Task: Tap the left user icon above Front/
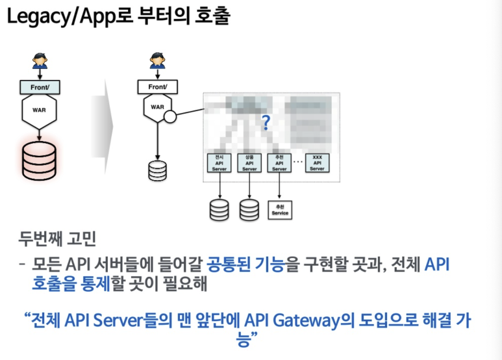click(40, 61)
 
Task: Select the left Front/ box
click(40, 86)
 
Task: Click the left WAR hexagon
click(40, 110)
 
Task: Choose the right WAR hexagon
click(157, 107)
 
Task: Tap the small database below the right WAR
click(157, 170)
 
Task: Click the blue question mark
click(265, 121)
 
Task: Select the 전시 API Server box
click(219, 163)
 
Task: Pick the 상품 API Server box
click(249, 163)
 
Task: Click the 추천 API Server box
click(279, 163)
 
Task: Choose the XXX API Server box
click(317, 163)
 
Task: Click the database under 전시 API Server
click(219, 209)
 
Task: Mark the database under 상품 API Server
click(249, 209)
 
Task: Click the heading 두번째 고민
click(58, 241)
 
